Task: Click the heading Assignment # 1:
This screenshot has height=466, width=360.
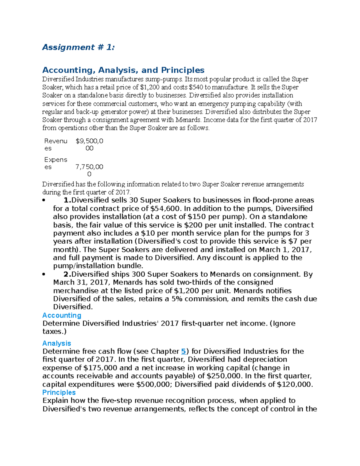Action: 78,47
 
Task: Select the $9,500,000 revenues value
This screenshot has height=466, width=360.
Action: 89,144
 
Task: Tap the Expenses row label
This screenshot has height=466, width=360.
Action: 55,163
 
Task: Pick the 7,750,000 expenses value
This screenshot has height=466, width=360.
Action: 89,170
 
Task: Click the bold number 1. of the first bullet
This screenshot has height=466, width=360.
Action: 67,200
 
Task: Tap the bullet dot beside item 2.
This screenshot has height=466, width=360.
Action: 44,274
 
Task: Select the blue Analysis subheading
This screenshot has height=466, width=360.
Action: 57,343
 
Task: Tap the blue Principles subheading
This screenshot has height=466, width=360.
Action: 59,392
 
